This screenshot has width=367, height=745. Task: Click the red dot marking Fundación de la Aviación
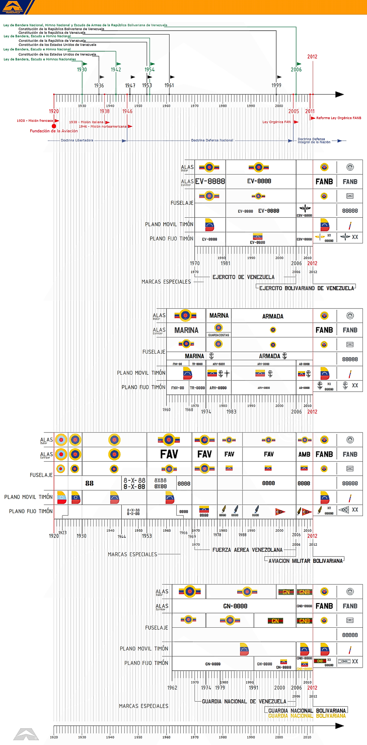click(x=54, y=126)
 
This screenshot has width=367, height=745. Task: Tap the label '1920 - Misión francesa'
click(x=35, y=121)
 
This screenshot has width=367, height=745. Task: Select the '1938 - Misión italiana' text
click(x=86, y=122)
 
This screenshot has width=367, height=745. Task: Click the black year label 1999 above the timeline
click(x=276, y=86)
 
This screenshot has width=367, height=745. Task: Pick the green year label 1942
click(x=116, y=70)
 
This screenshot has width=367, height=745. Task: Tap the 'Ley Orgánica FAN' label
click(x=276, y=122)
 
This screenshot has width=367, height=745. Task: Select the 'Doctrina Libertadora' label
click(x=77, y=141)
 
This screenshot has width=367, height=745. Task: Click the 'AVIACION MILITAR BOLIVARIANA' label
click(x=306, y=560)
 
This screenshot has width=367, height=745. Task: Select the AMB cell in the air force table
click(x=304, y=454)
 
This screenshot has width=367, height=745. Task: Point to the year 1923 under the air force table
click(x=62, y=532)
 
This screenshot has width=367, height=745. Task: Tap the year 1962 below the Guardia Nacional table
click(x=172, y=688)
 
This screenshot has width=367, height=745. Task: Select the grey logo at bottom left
click(x=26, y=734)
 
